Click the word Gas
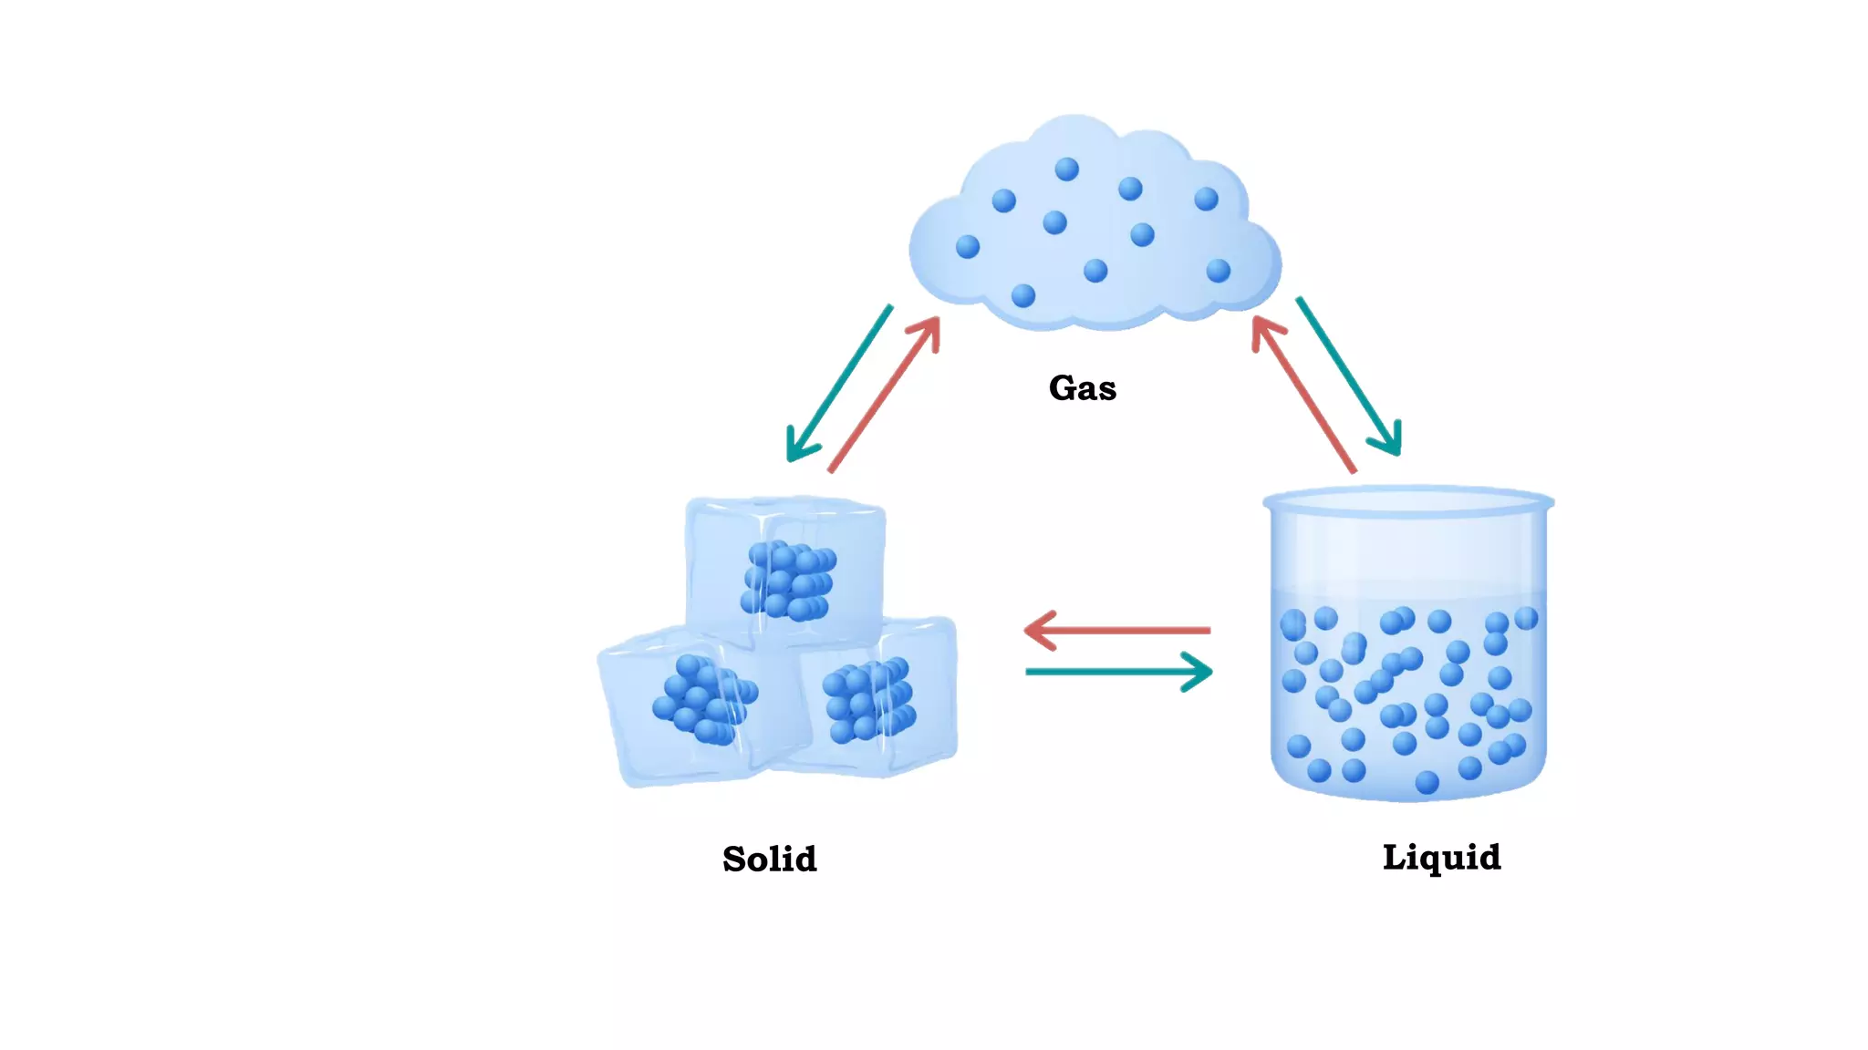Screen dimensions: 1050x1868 (1082, 388)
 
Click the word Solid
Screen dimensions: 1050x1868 (769, 860)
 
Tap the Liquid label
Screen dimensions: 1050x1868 (1441, 858)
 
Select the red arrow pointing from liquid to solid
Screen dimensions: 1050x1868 (1122, 630)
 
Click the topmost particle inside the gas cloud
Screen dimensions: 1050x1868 (1066, 170)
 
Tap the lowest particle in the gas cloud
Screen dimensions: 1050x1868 (1023, 295)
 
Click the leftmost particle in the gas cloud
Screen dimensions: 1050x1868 (968, 246)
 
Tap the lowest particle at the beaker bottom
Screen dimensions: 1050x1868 (1427, 782)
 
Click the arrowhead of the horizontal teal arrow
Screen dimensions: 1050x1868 (1200, 672)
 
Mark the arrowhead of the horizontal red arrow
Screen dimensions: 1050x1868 (1038, 630)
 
